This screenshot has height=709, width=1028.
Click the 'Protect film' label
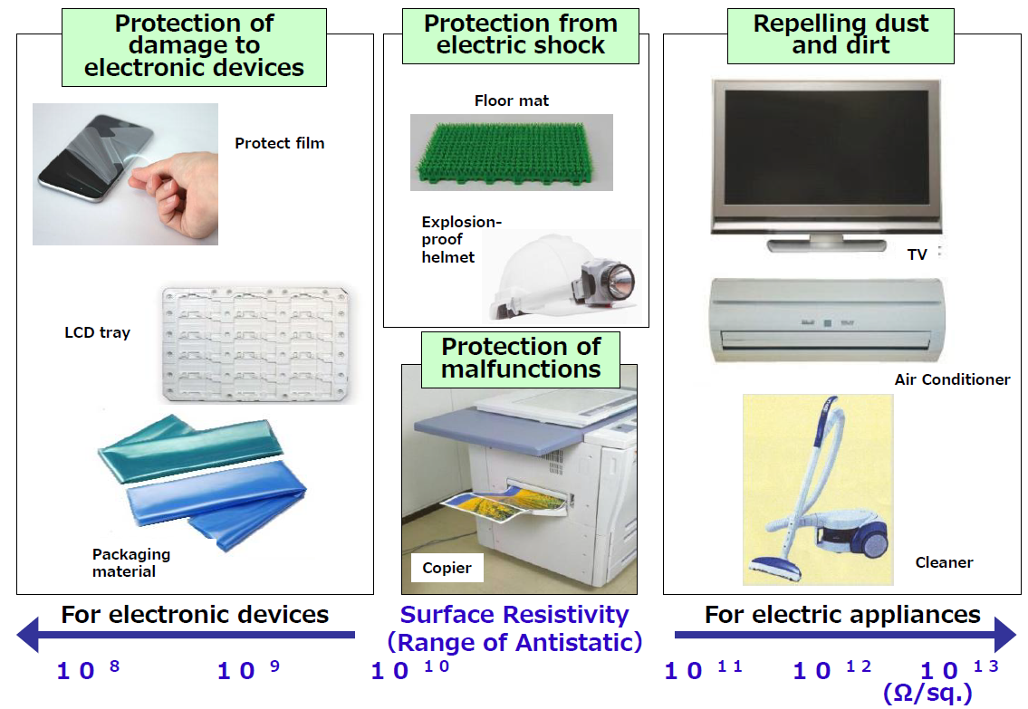279,143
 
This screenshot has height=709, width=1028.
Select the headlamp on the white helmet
606,283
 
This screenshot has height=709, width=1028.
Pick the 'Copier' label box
447,568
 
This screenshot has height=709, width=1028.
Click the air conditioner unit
828,321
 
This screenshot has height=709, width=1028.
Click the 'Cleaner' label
944,562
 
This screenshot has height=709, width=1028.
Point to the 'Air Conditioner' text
952,379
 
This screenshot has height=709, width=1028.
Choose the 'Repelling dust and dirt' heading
841,34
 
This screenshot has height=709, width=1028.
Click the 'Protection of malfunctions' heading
521,359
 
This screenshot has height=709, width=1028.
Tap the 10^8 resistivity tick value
88,669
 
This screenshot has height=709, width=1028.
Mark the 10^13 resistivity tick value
958,669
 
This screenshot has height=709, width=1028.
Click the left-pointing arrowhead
29,635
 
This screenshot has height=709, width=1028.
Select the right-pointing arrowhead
1005,635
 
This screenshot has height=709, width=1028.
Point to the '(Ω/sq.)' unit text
927,693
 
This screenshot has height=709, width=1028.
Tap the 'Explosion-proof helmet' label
461,239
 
